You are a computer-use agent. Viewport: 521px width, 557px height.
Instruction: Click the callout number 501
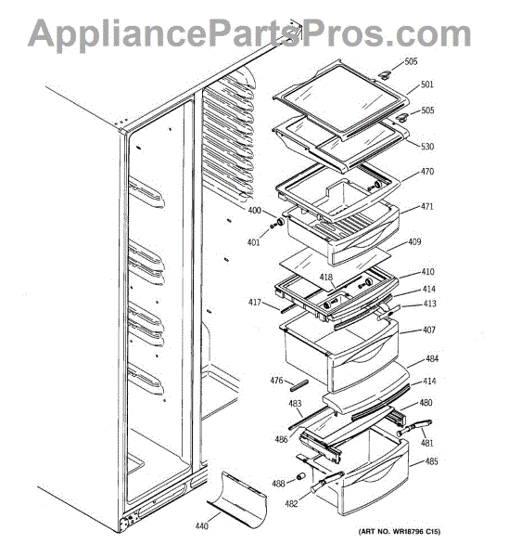click(x=427, y=84)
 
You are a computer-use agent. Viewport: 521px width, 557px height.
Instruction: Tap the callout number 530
click(x=427, y=147)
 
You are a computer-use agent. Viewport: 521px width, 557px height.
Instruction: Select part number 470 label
click(x=427, y=172)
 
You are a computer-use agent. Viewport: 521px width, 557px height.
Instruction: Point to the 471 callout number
click(x=427, y=206)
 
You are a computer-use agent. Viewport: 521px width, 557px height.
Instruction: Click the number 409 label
click(x=414, y=242)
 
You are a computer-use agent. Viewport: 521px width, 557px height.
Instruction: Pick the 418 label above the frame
click(x=326, y=277)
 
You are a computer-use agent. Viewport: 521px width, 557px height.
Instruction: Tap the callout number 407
click(x=429, y=330)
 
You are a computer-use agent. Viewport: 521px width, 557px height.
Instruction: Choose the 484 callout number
click(x=432, y=358)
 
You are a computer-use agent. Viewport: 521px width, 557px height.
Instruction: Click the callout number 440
click(x=202, y=526)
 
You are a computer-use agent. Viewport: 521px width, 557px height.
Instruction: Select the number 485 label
click(x=432, y=461)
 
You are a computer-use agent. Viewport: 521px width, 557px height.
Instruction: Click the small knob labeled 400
click(x=280, y=223)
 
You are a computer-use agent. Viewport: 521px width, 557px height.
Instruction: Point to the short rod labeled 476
click(x=299, y=385)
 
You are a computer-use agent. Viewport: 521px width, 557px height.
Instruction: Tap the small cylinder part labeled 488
click(x=300, y=476)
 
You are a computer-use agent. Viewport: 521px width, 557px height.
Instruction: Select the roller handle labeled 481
click(x=414, y=427)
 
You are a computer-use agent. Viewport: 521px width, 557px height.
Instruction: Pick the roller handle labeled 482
click(x=326, y=481)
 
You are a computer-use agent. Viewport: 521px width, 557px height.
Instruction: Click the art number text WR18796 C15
click(x=415, y=531)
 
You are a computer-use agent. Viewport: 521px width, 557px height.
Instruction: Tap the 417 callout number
click(x=255, y=303)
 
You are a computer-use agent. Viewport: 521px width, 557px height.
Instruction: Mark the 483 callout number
click(x=295, y=404)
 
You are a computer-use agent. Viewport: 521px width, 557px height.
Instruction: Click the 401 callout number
click(x=254, y=242)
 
